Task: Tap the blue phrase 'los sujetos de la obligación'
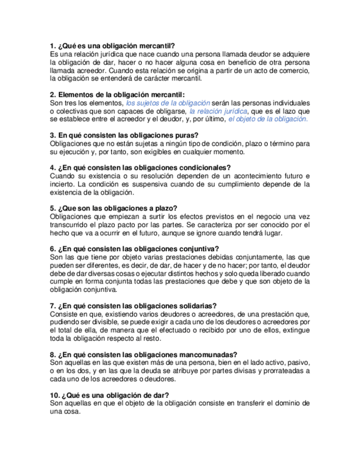[x=168, y=103]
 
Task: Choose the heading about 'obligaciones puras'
[x=124, y=135]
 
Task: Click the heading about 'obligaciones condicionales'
[x=140, y=168]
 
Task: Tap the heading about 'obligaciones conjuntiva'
[x=134, y=248]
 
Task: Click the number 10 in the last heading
[x=54, y=395]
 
